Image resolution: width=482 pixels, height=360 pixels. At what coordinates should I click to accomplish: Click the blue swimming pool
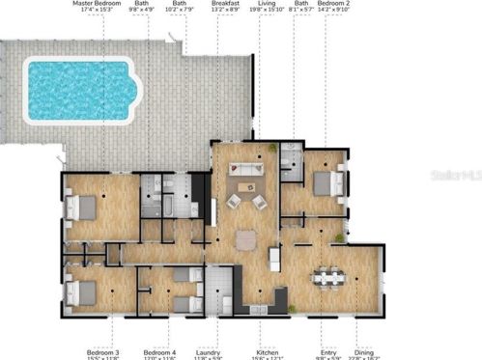(78, 91)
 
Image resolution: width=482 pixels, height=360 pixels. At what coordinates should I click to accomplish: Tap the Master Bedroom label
(100, 4)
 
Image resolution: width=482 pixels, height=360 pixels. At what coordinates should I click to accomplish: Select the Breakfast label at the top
(225, 4)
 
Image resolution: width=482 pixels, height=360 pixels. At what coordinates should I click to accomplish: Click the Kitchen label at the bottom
(269, 352)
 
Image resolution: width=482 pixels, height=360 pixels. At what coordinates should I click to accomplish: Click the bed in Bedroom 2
(327, 182)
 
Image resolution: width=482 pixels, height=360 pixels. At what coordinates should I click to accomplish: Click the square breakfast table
(247, 238)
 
